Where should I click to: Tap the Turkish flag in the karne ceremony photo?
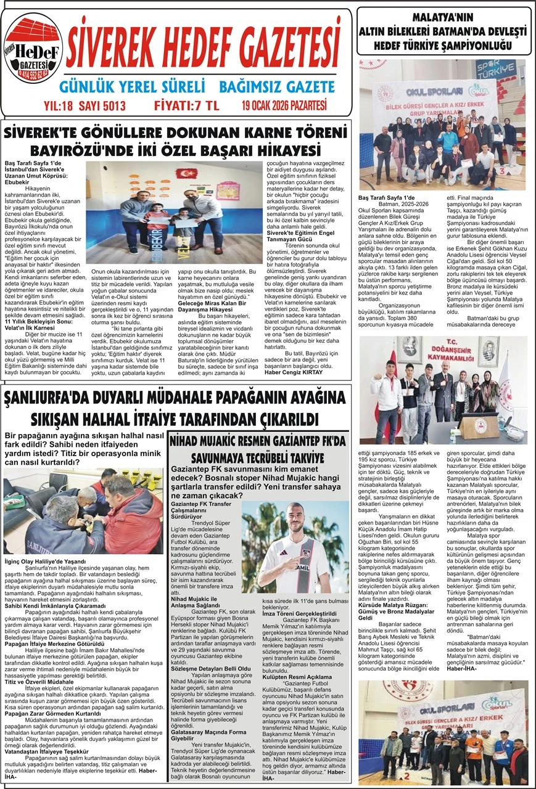pos(188,174)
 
